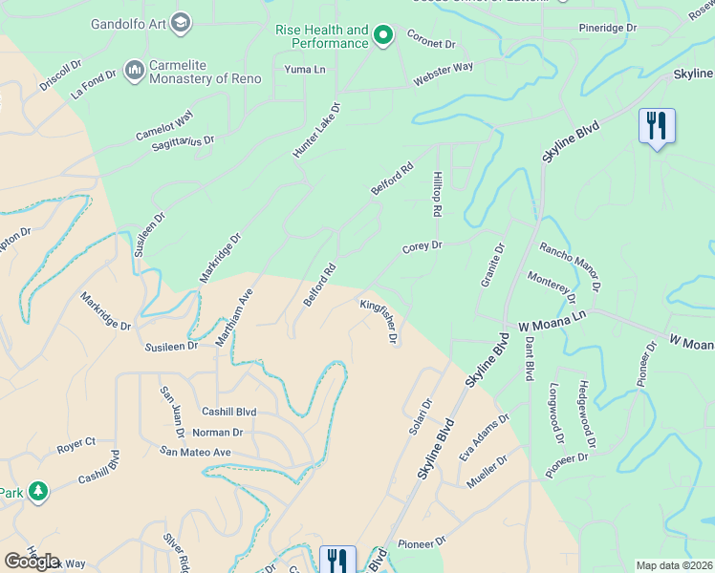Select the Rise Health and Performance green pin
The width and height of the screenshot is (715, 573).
click(383, 36)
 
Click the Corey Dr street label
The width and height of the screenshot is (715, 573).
click(422, 246)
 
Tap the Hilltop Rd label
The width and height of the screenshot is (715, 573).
click(437, 193)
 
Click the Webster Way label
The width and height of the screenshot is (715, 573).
click(443, 75)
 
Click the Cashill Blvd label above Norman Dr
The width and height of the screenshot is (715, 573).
click(228, 412)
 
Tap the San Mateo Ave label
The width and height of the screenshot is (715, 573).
click(195, 452)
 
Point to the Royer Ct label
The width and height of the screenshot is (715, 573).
click(76, 443)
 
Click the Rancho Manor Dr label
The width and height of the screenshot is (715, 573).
click(570, 265)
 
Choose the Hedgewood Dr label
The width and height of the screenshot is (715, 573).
click(586, 415)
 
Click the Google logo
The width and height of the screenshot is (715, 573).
click(32, 562)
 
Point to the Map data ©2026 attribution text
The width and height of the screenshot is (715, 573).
click(675, 565)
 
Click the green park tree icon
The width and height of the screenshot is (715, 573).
click(38, 492)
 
